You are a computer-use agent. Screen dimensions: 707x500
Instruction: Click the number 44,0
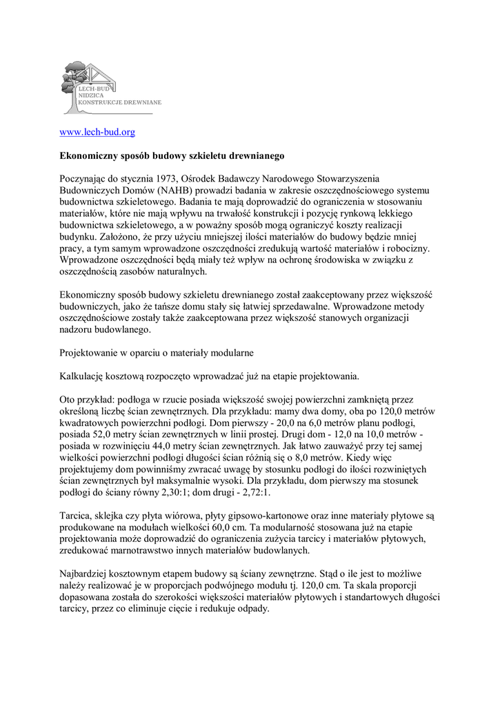[170, 446]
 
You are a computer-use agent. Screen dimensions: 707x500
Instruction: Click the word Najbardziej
[86, 574]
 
